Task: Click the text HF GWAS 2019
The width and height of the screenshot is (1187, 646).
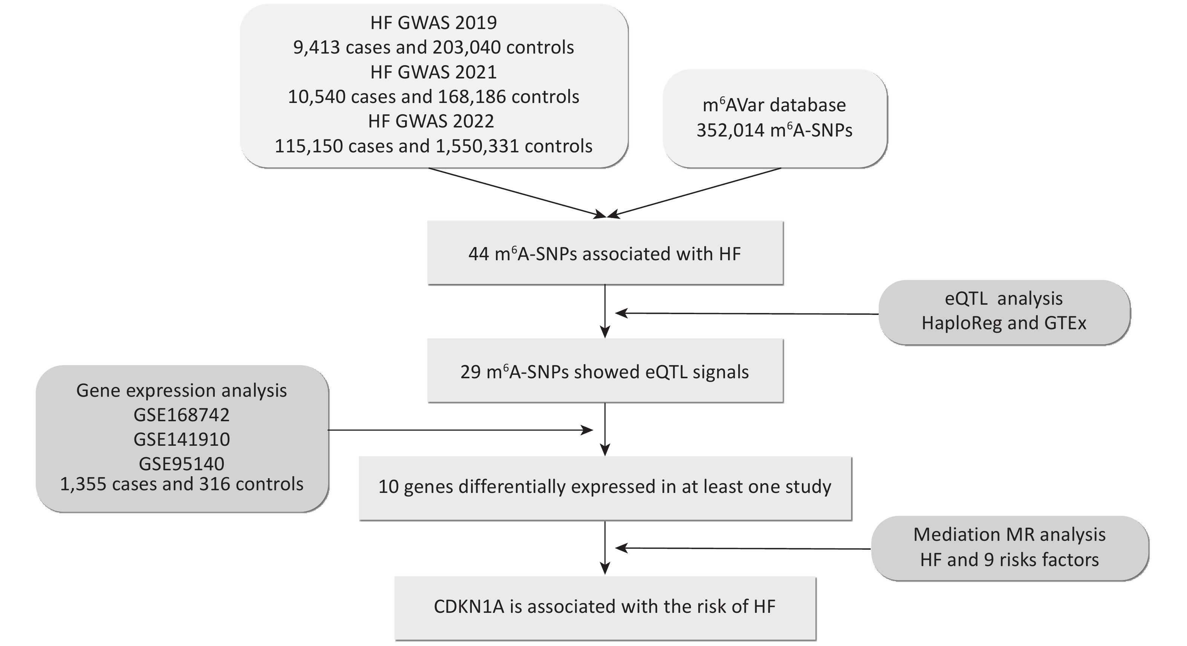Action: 434,23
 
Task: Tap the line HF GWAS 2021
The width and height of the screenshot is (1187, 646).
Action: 434,72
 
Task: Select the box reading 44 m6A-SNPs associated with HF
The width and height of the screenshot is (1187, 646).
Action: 605,253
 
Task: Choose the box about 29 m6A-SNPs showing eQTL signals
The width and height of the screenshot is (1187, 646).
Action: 605,371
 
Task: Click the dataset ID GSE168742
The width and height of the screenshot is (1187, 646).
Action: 182,415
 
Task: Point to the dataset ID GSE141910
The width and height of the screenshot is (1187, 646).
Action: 182,439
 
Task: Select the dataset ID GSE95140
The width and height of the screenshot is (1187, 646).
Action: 182,464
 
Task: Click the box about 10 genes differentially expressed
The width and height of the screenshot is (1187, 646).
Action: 605,488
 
